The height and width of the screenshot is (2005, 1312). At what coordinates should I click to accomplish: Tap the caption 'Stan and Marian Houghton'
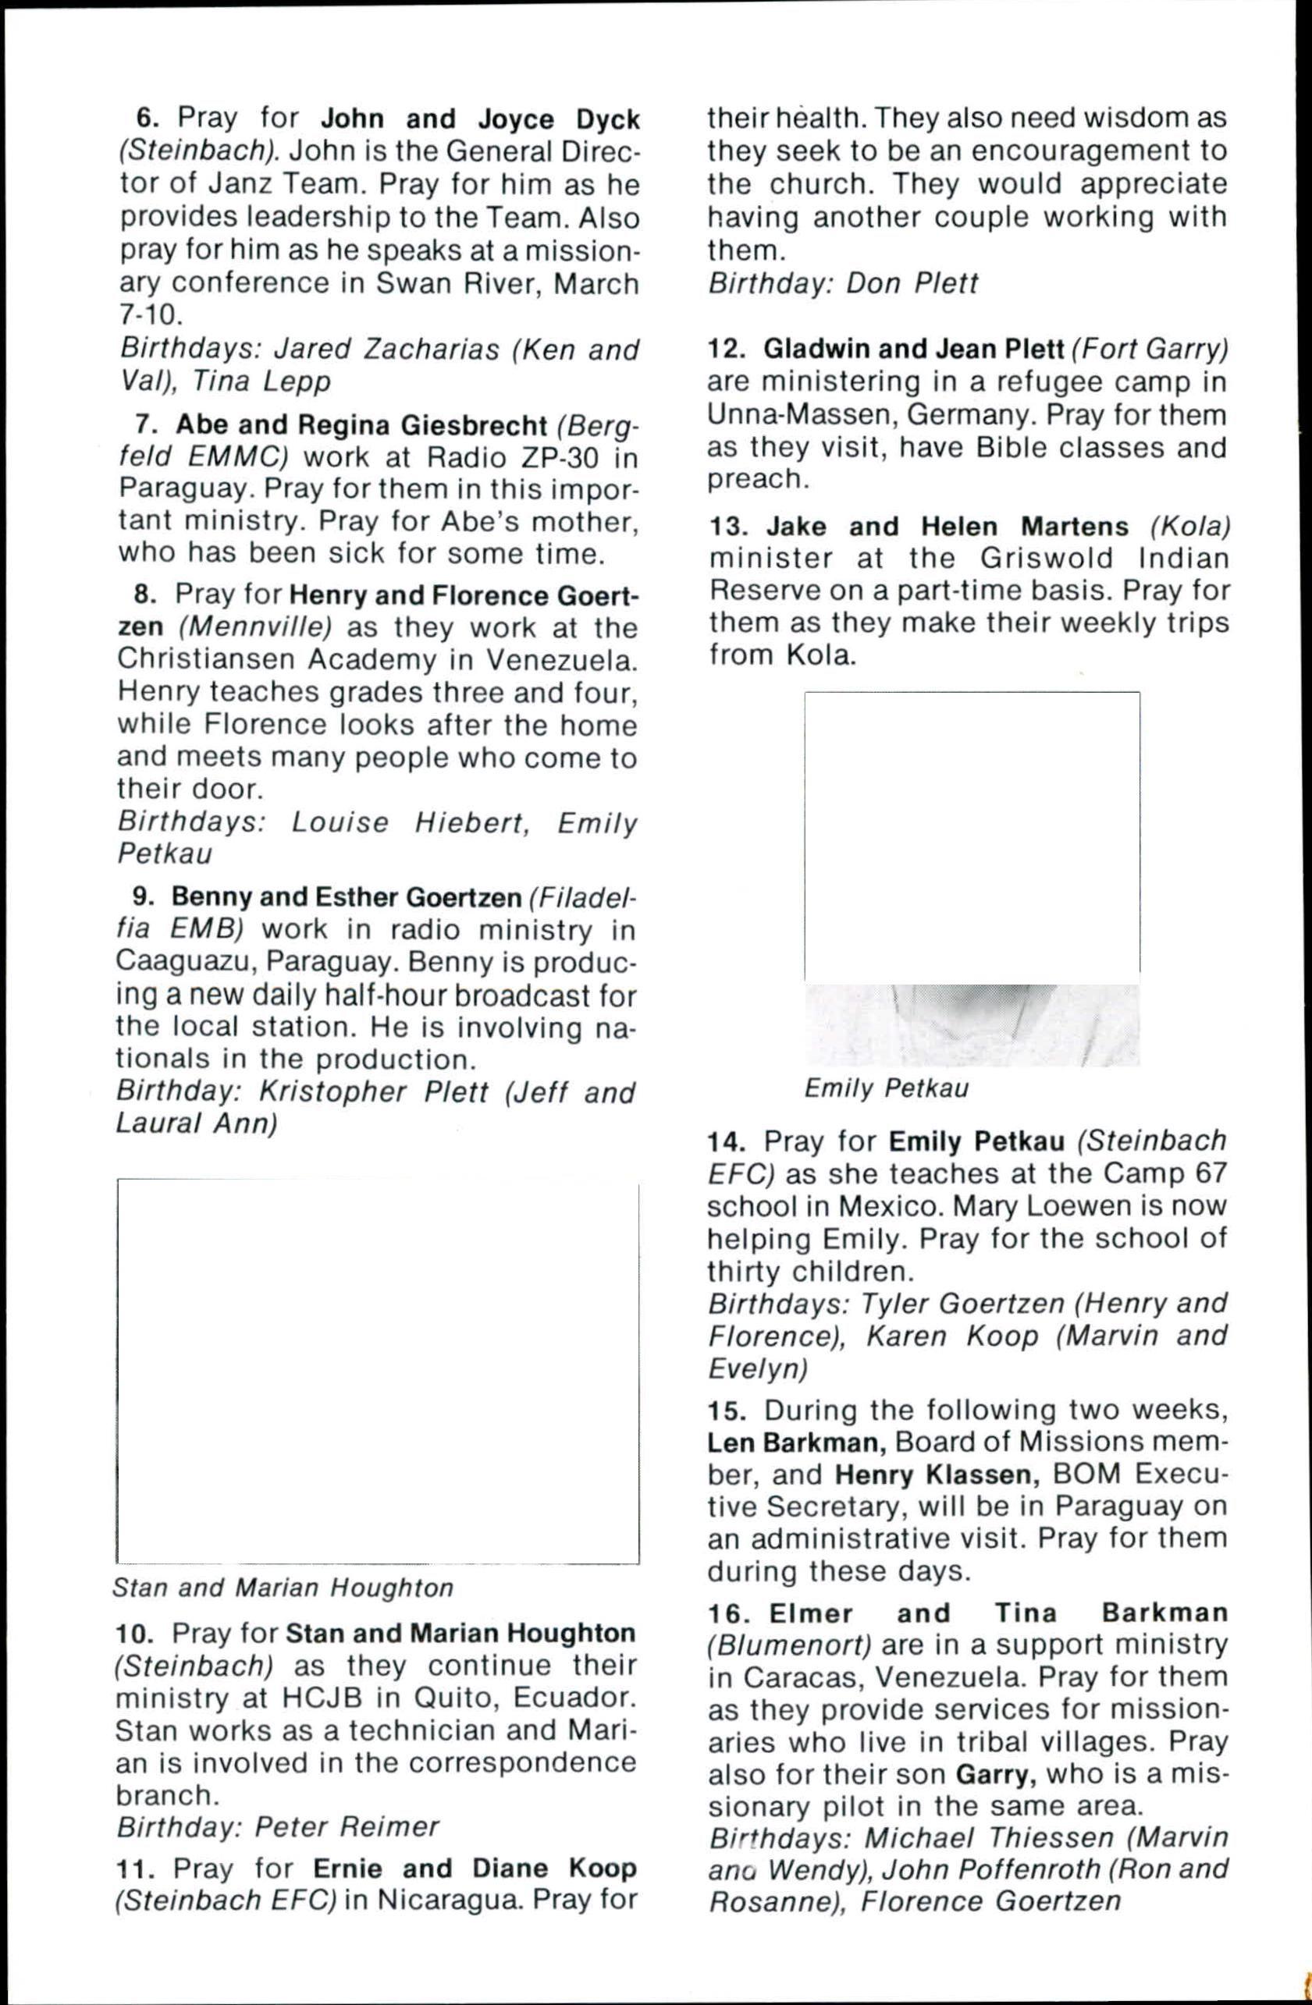click(x=283, y=1587)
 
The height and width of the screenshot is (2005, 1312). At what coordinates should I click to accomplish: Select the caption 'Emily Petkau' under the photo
click(x=886, y=1088)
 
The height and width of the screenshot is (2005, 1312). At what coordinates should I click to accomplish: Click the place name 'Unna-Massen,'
click(x=798, y=414)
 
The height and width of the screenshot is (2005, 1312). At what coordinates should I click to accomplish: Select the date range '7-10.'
click(x=150, y=315)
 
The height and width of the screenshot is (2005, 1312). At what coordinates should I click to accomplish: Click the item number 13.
click(x=728, y=527)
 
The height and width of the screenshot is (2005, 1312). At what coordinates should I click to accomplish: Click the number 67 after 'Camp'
click(x=1210, y=1173)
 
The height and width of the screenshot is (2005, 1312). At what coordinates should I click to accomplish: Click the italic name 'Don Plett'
click(x=912, y=284)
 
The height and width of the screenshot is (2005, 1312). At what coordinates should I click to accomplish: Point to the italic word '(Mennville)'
click(x=255, y=627)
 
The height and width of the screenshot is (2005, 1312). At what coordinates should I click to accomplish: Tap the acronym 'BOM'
click(x=1083, y=1474)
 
